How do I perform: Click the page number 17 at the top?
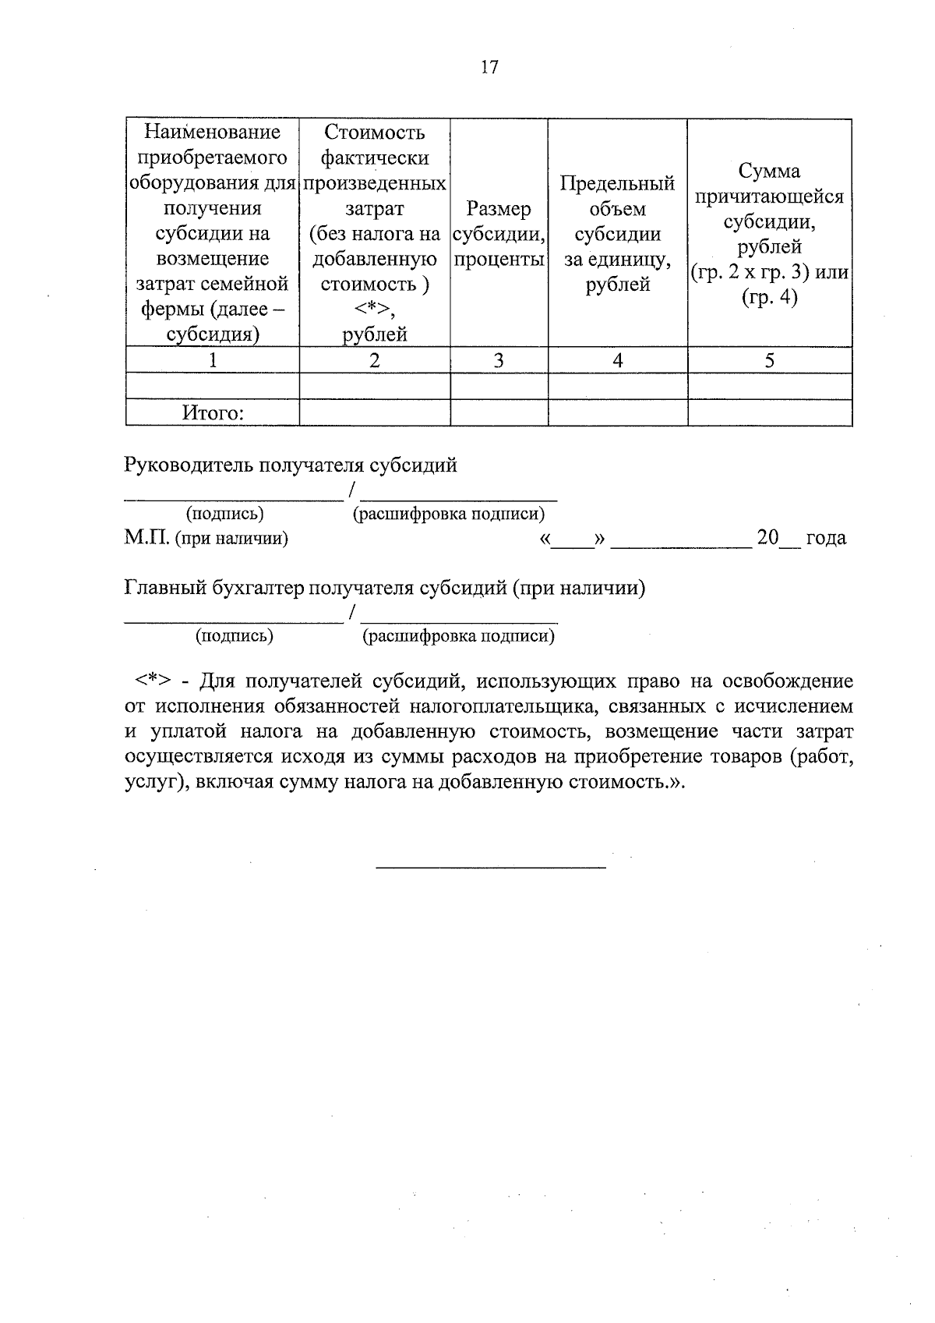click(x=489, y=67)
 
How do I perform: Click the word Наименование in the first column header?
click(x=213, y=132)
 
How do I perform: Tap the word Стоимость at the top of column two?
click(x=375, y=132)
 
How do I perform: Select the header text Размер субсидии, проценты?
click(x=499, y=234)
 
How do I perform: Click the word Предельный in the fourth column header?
click(x=617, y=184)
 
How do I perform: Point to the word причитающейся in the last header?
click(x=769, y=196)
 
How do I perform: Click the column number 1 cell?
click(x=213, y=360)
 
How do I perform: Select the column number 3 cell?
click(x=499, y=360)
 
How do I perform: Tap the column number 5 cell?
click(x=769, y=360)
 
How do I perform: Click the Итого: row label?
click(x=213, y=413)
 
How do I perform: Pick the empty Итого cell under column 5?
click(x=769, y=413)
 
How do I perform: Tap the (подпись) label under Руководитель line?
click(x=224, y=514)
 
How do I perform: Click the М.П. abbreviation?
click(x=146, y=538)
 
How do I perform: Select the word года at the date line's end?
click(x=826, y=538)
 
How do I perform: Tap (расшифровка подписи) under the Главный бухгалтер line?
click(x=458, y=636)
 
